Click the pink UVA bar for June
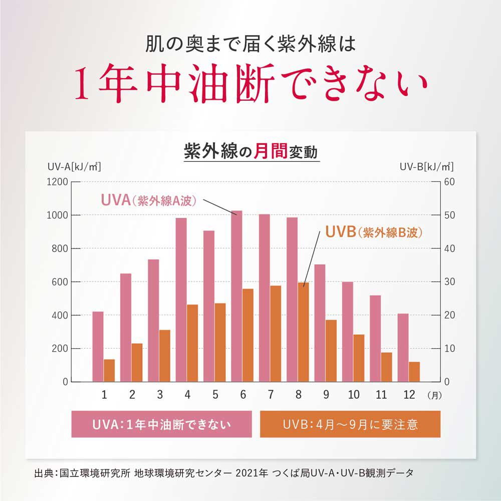(236, 296)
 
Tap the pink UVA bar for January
(98, 346)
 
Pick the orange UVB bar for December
(414, 371)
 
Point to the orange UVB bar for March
(164, 356)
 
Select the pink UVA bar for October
(347, 331)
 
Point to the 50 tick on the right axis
(449, 215)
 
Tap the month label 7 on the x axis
(271, 395)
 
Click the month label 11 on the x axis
(381, 395)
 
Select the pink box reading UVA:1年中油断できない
(161, 424)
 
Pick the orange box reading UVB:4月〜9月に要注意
(350, 424)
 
